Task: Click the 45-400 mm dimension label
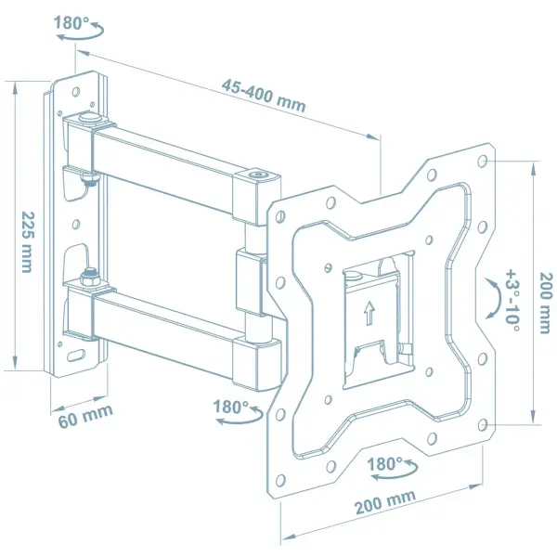pyautogui.click(x=264, y=96)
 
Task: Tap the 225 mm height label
pyautogui.click(x=27, y=242)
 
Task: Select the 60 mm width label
pyautogui.click(x=85, y=416)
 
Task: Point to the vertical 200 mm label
pyautogui.click(x=546, y=303)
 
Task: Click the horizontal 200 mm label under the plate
pyautogui.click(x=385, y=501)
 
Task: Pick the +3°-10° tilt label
pyautogui.click(x=512, y=300)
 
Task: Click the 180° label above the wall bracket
pyautogui.click(x=71, y=22)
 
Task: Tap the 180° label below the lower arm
pyautogui.click(x=231, y=407)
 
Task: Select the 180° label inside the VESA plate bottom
pyautogui.click(x=384, y=464)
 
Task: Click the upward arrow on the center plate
pyautogui.click(x=369, y=313)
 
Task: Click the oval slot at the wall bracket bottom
pyautogui.click(x=76, y=355)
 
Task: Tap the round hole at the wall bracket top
pyautogui.click(x=76, y=92)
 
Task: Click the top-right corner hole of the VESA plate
pyautogui.click(x=482, y=162)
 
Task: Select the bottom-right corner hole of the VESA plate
pyautogui.click(x=482, y=424)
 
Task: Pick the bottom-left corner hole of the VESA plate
pyautogui.click(x=280, y=480)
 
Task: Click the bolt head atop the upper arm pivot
pyautogui.click(x=88, y=117)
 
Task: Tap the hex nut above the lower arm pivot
pyautogui.click(x=89, y=277)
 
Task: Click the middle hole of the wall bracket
pyautogui.click(x=76, y=224)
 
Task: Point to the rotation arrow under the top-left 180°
pyautogui.click(x=81, y=34)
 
